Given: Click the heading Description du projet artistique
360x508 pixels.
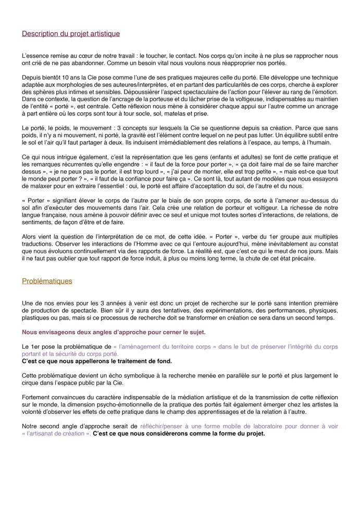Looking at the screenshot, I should click(x=71, y=34).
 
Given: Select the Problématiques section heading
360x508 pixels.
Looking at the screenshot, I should click(x=47, y=281).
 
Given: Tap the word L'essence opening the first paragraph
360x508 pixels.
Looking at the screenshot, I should click(x=34, y=56).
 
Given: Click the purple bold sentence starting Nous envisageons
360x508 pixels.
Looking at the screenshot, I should click(x=114, y=332).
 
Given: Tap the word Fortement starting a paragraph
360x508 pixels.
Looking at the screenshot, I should click(x=37, y=397).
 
